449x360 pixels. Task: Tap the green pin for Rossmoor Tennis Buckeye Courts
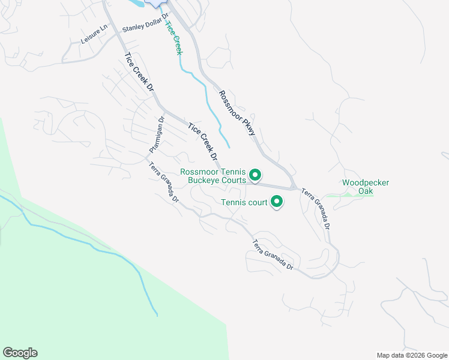tap(255, 175)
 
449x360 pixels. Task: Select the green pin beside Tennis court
tap(277, 202)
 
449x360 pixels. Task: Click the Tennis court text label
tap(244, 203)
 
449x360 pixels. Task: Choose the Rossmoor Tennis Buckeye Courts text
tap(213, 176)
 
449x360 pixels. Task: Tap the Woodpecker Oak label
tap(366, 187)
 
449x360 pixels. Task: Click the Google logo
tap(20, 353)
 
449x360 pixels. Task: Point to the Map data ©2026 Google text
tap(411, 355)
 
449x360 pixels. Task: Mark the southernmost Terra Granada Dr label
tap(273, 255)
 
